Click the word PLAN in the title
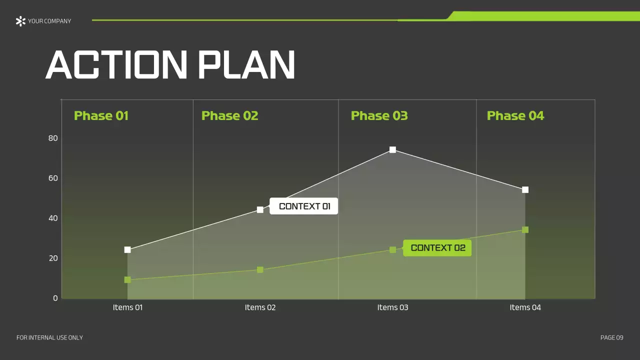[x=246, y=65]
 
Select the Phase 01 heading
[x=101, y=116]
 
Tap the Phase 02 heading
[x=229, y=116]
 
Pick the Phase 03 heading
[x=379, y=116]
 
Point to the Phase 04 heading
[x=515, y=116]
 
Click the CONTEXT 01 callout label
[x=304, y=206]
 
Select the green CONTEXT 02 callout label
[x=437, y=248]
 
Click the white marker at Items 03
[x=392, y=149]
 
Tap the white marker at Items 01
[x=127, y=249]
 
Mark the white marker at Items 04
[x=525, y=189]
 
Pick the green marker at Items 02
[x=260, y=269]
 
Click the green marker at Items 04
[x=525, y=229]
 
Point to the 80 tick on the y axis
[x=53, y=138]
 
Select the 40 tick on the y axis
[x=53, y=218]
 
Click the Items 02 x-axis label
[x=260, y=307]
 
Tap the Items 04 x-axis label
[x=525, y=307]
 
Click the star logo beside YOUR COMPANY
[x=20, y=21]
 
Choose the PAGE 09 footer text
[x=611, y=338]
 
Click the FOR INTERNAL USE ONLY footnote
[x=49, y=338]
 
